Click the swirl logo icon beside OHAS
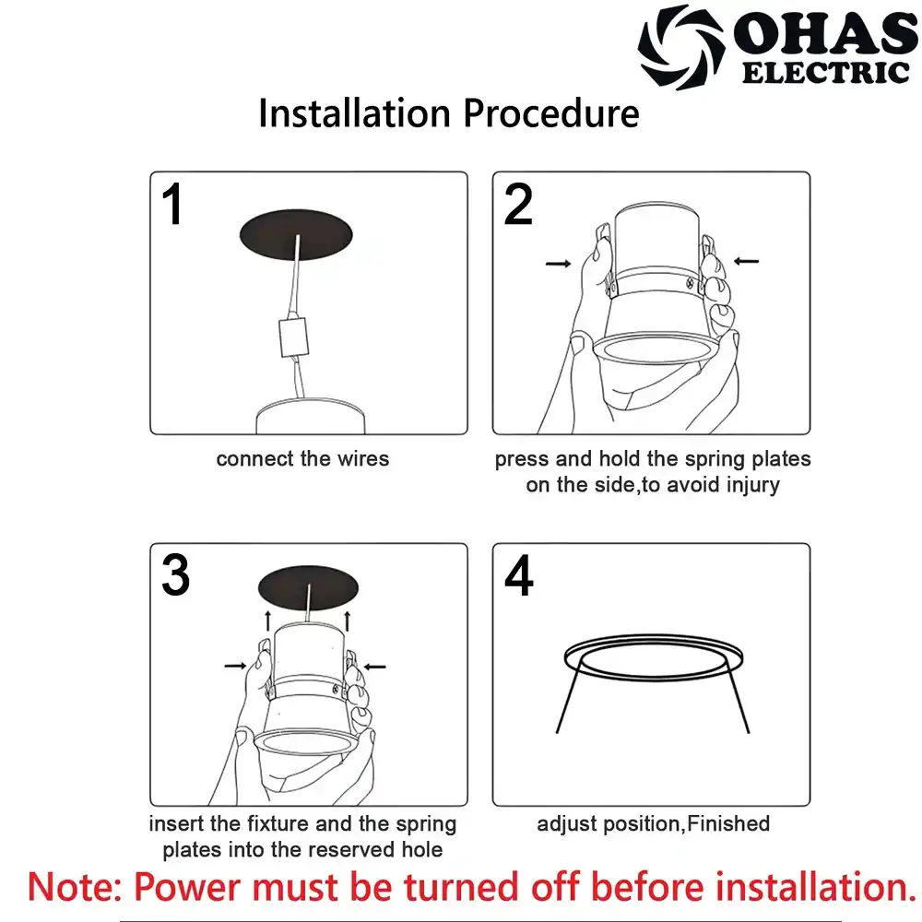tap(681, 47)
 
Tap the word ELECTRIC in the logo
tap(825, 73)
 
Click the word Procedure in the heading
tap(551, 112)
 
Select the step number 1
tap(172, 204)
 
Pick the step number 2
tap(518, 204)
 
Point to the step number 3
tap(175, 574)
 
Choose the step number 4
tap(518, 575)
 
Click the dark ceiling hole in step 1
tap(296, 234)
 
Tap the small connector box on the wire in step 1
tap(293, 337)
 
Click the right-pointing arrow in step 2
tap(558, 264)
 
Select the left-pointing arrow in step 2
tap(746, 261)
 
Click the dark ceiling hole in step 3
tap(308, 588)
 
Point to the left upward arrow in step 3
tap(268, 621)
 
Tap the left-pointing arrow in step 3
tap(374, 667)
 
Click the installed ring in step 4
tap(654, 658)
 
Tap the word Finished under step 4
tap(728, 823)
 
